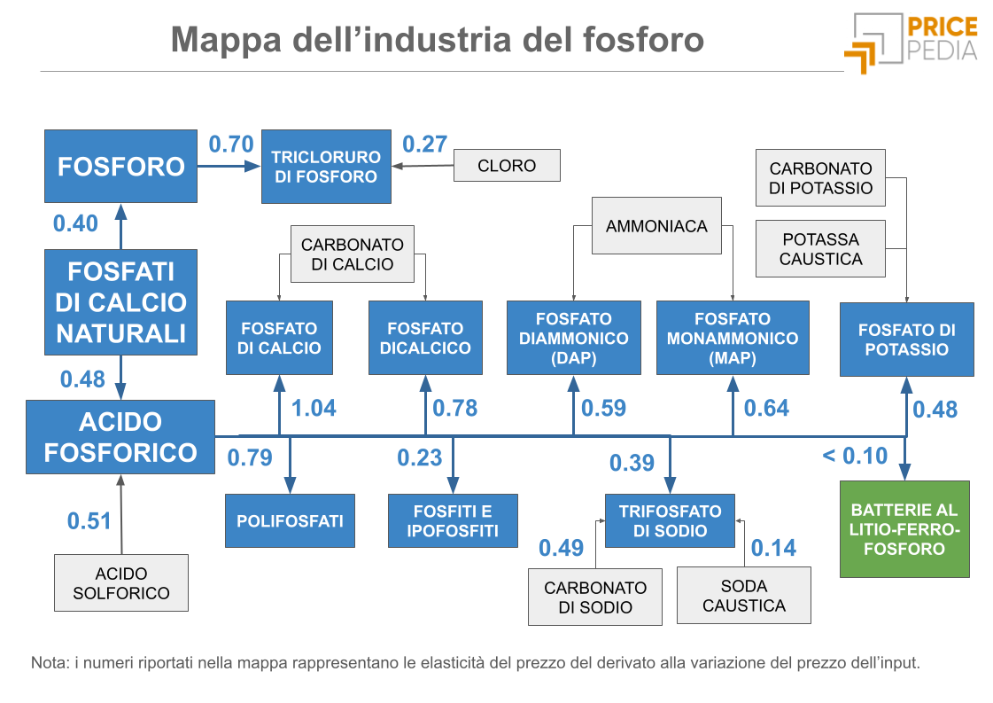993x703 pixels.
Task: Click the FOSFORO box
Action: click(120, 166)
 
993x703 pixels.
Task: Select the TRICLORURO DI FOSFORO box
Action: click(326, 167)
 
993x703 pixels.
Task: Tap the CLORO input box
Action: click(507, 166)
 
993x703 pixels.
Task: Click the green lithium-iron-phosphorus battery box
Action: click(904, 529)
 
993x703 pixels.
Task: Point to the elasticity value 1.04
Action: click(314, 409)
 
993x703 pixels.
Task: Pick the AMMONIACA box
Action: click(656, 226)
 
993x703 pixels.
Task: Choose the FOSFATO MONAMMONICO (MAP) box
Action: click(733, 338)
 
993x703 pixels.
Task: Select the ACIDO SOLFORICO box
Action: click(121, 583)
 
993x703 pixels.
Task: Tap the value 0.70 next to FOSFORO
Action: click(231, 144)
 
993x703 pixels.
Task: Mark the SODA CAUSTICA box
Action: click(743, 596)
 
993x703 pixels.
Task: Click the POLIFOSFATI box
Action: click(290, 521)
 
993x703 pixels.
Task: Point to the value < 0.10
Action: click(854, 456)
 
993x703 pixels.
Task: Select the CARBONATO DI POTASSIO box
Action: click(820, 177)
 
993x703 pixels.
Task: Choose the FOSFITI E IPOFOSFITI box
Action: click(453, 521)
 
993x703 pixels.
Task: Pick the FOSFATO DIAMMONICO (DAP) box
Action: click(573, 338)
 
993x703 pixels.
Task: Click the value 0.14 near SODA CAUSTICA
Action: click(773, 548)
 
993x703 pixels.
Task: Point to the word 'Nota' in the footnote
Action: click(46, 662)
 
